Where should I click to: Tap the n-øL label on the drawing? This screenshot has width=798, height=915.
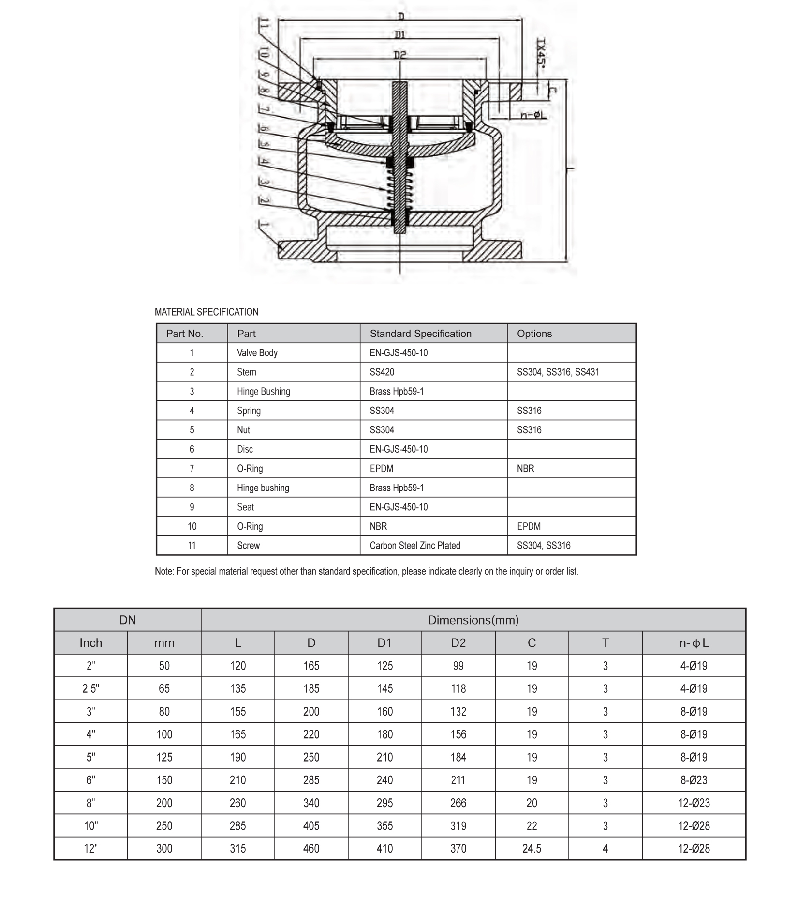coord(534,115)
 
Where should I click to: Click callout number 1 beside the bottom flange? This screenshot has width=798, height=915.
coord(264,225)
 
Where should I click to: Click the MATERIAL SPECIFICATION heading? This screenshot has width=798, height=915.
coord(207,312)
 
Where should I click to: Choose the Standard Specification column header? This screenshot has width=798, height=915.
coord(420,334)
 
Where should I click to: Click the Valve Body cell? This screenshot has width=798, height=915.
coord(257,353)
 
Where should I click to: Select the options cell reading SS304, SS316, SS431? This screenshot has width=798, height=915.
coord(558,372)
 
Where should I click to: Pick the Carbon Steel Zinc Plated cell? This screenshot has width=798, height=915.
coord(414,546)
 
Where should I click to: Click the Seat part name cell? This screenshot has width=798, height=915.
coord(245,507)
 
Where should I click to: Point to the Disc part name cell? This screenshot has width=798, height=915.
coord(245,449)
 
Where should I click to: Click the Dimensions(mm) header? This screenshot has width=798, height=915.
coord(473,620)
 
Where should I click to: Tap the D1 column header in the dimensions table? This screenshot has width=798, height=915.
coord(384,643)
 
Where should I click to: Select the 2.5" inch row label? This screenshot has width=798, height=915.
coord(90,689)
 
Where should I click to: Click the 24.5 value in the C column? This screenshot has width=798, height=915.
coord(532,849)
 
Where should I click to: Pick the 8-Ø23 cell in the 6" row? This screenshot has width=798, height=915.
coord(694,780)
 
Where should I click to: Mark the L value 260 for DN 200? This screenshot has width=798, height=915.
coord(237,803)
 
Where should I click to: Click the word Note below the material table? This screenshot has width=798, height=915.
coord(163,572)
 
